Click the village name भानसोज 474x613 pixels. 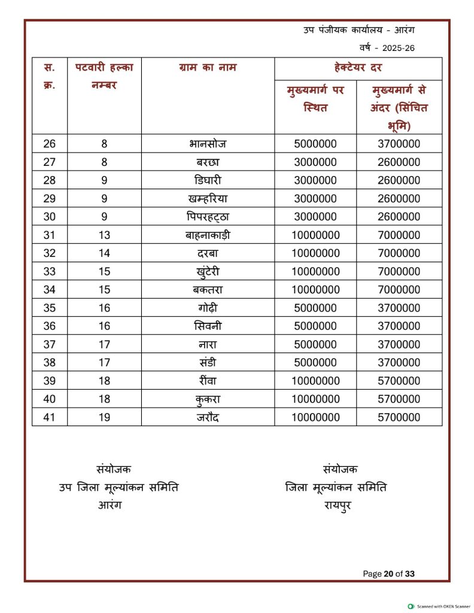coord(208,144)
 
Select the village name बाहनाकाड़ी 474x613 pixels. coord(208,235)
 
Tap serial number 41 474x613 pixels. coord(50,417)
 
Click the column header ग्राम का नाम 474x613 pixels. coord(208,68)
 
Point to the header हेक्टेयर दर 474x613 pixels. coord(358,68)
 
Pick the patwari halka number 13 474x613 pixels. coord(104,235)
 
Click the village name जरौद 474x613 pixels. coord(208,417)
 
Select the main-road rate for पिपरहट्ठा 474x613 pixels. coord(315,217)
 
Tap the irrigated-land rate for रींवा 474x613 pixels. coord(399,381)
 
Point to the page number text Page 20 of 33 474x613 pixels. coord(388,573)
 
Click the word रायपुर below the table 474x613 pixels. coord(336,505)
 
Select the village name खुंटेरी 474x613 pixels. coord(208,272)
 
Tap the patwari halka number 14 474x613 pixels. coord(104,253)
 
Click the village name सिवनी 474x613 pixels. coord(208,326)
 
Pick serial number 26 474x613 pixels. coord(50,144)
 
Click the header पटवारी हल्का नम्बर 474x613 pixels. coord(104,75)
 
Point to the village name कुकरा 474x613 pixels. coord(208,399)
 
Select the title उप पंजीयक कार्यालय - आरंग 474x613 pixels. coord(359,30)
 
